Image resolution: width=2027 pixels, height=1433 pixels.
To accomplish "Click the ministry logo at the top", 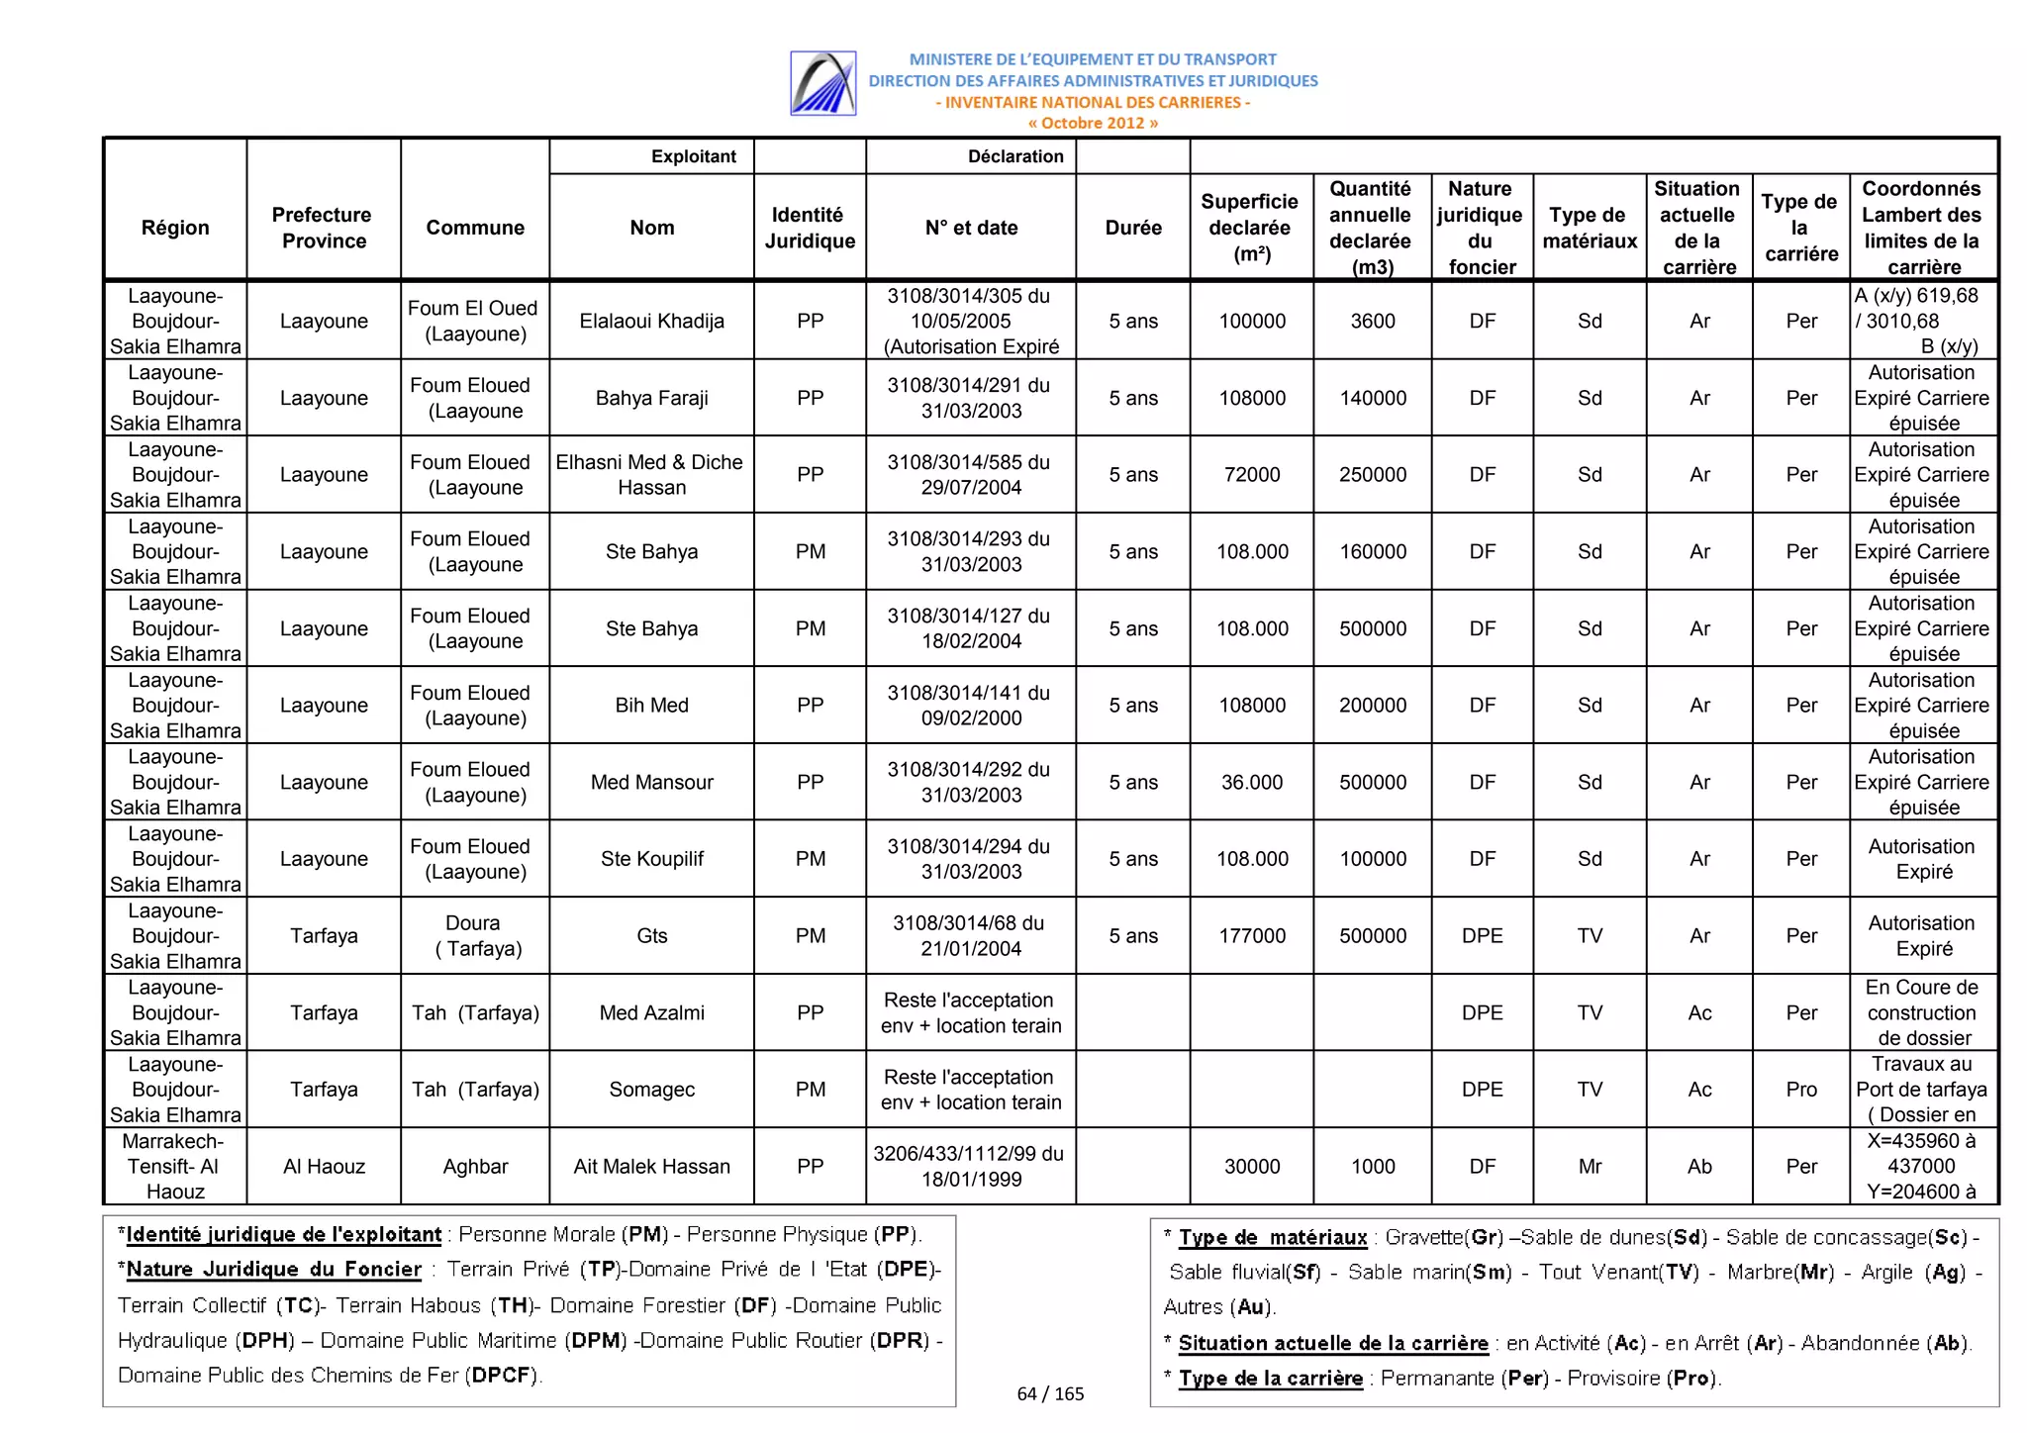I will click(822, 83).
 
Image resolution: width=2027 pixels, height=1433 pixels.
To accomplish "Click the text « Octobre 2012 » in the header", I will click(1093, 124).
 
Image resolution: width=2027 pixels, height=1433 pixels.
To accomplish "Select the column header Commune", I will click(475, 228).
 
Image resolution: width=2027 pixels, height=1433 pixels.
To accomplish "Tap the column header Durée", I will click(1132, 228).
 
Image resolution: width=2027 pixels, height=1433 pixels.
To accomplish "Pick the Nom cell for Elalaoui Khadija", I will click(651, 321).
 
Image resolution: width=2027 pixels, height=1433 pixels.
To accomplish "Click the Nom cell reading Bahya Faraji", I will click(651, 398).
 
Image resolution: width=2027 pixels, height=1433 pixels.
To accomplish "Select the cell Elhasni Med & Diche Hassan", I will click(650, 474).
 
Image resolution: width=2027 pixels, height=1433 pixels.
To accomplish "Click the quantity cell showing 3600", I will click(1373, 321).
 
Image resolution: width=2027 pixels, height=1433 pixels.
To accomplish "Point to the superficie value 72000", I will click(1251, 474).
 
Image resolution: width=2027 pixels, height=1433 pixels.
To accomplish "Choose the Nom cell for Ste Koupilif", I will click(651, 859).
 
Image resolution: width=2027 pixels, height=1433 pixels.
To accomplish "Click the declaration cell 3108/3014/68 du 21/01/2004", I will click(970, 935).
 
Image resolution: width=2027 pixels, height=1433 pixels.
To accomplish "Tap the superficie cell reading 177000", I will click(1251, 935).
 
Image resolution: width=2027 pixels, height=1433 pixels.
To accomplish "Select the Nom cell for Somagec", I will click(651, 1090).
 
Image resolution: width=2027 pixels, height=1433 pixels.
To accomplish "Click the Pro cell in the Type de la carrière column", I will click(1800, 1090).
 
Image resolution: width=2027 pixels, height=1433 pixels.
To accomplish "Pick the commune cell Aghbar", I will click(475, 1167).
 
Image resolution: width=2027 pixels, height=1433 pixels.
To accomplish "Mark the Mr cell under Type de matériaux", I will click(1590, 1167).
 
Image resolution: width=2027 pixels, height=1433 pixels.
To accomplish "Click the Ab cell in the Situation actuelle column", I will click(1699, 1167).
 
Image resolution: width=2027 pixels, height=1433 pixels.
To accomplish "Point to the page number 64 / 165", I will click(1050, 1393).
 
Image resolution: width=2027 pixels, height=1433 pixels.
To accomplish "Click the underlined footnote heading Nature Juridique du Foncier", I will click(274, 1270).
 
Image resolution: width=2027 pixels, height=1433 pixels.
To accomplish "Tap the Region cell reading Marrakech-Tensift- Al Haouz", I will click(175, 1167).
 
